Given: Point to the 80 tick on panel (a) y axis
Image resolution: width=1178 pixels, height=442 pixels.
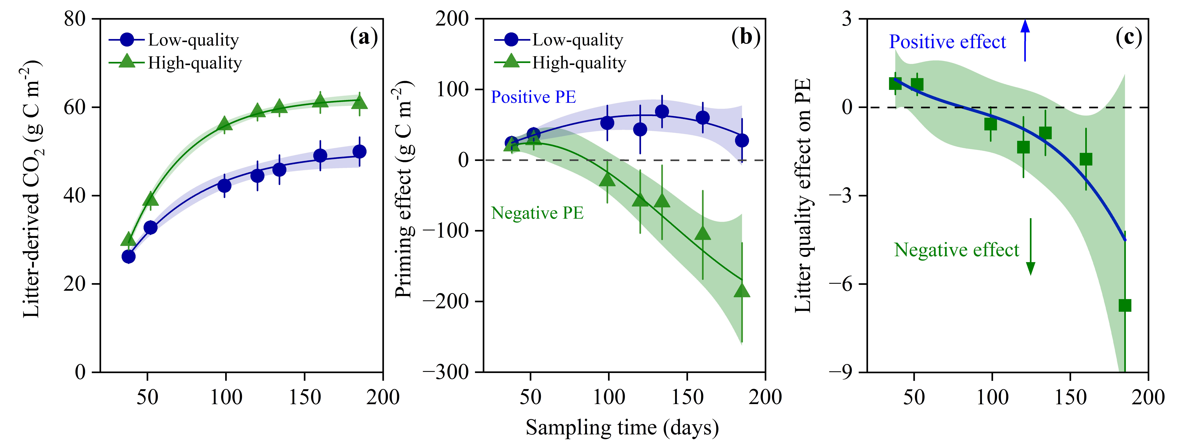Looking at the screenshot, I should (74, 19).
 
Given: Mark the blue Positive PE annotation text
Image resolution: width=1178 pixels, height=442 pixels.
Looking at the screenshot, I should (533, 97).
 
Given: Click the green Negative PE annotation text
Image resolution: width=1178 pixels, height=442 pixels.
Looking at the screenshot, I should (537, 213).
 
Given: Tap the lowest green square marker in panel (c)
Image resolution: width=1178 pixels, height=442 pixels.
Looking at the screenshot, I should (1124, 305).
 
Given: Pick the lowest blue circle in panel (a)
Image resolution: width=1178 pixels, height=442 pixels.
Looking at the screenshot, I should (128, 257).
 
